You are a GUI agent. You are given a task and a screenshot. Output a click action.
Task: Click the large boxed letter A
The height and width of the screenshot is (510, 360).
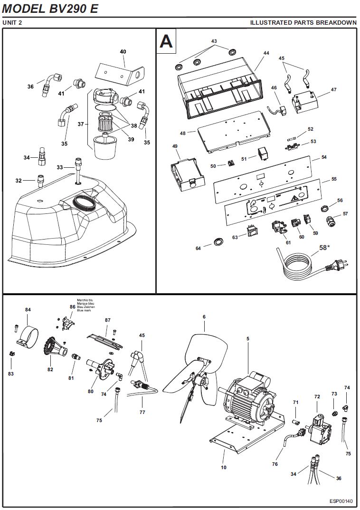pyautogui.click(x=166, y=41)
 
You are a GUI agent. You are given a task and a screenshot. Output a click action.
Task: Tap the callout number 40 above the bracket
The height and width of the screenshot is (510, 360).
pyautogui.click(x=123, y=51)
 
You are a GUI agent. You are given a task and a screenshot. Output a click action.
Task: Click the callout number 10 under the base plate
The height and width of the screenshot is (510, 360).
pyautogui.click(x=224, y=467)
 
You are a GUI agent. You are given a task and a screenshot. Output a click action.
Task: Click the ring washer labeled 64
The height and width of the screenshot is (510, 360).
pyautogui.click(x=219, y=241)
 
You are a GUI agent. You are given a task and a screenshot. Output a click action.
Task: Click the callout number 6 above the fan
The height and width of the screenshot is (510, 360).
pyautogui.click(x=204, y=317)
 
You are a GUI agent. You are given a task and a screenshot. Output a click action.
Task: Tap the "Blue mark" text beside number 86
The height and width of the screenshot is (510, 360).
pyautogui.click(x=84, y=311)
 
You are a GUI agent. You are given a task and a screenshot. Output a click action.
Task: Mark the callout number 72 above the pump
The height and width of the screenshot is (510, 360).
pyautogui.click(x=317, y=396)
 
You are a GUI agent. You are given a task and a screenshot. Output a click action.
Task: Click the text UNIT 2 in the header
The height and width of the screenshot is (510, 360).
pyautogui.click(x=12, y=22)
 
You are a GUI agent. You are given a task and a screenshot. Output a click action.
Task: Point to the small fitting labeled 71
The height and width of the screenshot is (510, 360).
pyautogui.click(x=296, y=422)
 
